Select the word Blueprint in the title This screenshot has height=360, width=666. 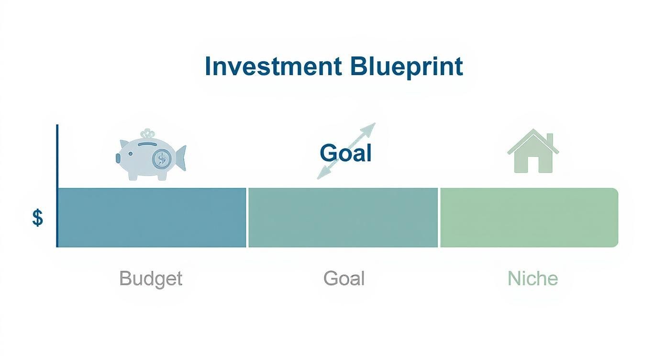pos(406,67)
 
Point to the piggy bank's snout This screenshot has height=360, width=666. pos(119,157)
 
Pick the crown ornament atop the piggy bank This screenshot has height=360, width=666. pos(148,135)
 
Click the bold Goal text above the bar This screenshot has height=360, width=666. pos(345,153)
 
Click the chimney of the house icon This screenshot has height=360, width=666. pos(549,139)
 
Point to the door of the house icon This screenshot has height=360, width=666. pos(533,166)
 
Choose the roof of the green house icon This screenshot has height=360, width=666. pos(532,141)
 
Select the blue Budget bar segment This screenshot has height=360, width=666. pos(152,218)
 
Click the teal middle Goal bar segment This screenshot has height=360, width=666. pos(343,218)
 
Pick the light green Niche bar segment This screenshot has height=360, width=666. pos(529,218)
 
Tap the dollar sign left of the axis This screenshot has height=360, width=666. pos(37,218)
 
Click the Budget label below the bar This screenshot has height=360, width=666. pos(151,278)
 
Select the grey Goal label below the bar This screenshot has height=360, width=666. pos(344,278)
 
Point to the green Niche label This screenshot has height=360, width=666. pos(533,278)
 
